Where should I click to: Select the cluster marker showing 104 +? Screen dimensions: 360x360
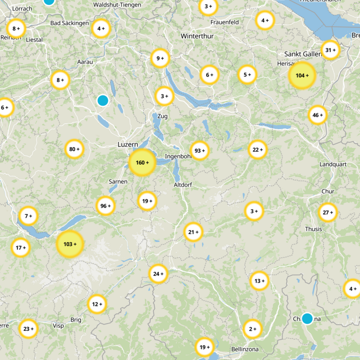pos(302,75)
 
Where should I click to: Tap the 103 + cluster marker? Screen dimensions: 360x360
pos(70,244)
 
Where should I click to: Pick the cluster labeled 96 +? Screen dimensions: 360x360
pos(106,206)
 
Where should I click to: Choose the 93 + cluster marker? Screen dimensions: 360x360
pos(200,150)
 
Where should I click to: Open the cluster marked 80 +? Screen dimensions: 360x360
pos(74,149)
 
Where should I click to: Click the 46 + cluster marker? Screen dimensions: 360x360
pos(318,115)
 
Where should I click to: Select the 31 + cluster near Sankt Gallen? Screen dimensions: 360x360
pos(330,50)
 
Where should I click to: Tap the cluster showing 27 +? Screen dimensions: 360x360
pos(328,212)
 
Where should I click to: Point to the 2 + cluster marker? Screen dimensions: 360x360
pos(252,329)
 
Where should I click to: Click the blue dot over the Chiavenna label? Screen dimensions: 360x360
pos(307,319)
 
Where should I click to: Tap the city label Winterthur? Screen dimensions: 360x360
pos(197,36)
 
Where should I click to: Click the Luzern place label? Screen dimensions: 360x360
pos(127,144)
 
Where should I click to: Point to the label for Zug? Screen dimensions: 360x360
pos(162,116)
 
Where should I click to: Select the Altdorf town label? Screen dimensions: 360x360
pos(183,185)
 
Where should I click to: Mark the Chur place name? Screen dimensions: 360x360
pos(328,192)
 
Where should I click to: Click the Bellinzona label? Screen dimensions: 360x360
pos(243,349)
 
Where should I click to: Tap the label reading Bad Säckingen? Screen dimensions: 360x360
pos(70,23)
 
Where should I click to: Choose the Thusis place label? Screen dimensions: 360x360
pos(314,229)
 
